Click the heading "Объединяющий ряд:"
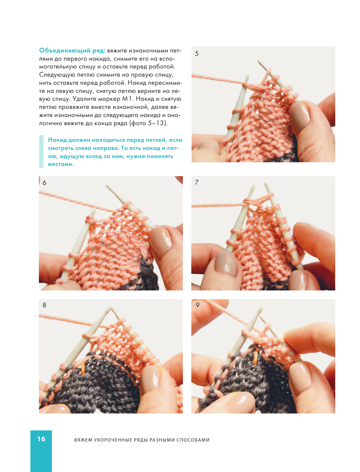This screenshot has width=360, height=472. [x=72, y=51]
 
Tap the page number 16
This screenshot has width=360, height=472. [x=41, y=439]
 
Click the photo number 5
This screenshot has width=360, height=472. [x=196, y=54]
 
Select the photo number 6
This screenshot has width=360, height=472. [x=44, y=183]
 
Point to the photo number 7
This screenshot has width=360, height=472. [x=196, y=182]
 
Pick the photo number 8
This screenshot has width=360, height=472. [x=44, y=305]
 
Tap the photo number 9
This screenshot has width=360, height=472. [x=197, y=305]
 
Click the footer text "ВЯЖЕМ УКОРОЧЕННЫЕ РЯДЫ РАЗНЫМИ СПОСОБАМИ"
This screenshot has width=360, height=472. [x=142, y=440]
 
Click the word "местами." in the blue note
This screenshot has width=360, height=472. [x=61, y=164]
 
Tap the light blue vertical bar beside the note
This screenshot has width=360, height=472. [x=41, y=151]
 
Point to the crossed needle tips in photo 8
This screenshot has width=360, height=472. [x=110, y=308]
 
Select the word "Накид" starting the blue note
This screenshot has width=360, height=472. [x=57, y=140]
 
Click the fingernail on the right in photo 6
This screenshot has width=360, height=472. [x=161, y=242]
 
